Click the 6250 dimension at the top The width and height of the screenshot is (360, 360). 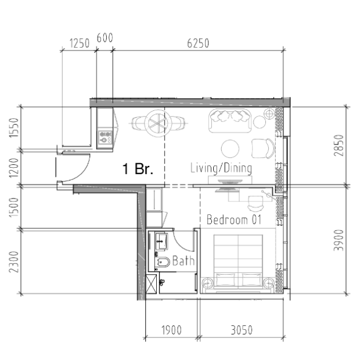point(198,43)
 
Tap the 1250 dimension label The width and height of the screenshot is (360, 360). point(79,43)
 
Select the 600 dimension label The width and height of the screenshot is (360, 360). point(105,38)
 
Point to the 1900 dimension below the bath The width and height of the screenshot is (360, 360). point(171,330)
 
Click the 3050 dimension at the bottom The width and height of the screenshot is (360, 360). point(242,330)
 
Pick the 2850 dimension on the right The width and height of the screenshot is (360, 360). point(339,145)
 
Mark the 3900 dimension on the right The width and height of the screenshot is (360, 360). point(339,240)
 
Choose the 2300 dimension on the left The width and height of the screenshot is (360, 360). point(13,262)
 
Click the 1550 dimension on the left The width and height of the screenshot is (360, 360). point(13,128)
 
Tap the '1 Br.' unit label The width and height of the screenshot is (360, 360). point(138,169)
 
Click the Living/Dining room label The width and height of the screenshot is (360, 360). point(221,168)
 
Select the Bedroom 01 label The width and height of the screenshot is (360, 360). point(234,219)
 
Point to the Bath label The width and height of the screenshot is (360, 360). point(183,261)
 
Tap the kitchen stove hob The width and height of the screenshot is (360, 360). point(105,137)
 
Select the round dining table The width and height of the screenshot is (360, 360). point(158,123)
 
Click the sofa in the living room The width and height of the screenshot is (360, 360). point(230,121)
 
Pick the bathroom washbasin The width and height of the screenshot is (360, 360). point(161,242)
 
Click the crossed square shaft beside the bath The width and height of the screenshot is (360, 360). point(152,284)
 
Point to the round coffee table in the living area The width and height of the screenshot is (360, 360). point(230,149)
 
